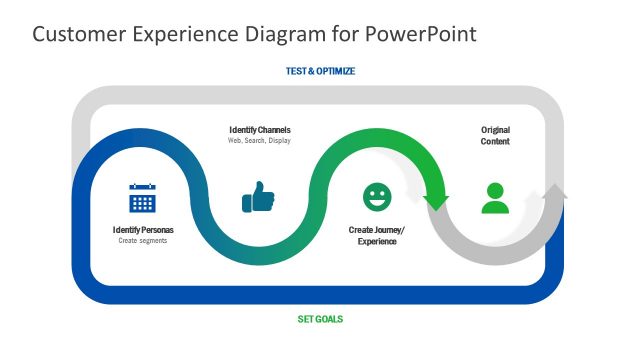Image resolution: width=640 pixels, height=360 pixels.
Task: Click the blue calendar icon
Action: (143, 198)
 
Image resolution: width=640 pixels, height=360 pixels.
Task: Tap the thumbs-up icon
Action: (258, 197)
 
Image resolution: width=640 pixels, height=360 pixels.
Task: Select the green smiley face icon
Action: (377, 197)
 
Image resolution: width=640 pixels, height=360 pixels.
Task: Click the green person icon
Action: (494, 197)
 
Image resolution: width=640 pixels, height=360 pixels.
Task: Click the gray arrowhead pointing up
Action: (555, 194)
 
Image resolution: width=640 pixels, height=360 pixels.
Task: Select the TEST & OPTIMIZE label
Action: (320, 71)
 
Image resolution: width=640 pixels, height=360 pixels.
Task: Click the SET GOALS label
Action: (320, 319)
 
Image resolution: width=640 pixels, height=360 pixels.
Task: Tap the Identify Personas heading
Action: (143, 230)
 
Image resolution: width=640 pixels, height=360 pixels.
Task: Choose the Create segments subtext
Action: (143, 241)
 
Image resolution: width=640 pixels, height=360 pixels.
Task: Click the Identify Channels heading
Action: (260, 130)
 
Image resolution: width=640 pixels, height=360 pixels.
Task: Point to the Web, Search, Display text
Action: (260, 141)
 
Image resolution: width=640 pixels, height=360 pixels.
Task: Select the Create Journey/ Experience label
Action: (377, 236)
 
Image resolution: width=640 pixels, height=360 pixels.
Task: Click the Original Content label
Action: (495, 135)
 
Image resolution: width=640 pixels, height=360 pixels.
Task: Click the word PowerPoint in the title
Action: (420, 34)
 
